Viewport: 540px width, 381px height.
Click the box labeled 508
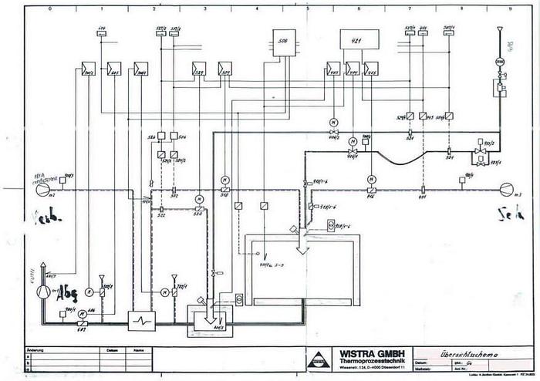pyautogui.click(x=282, y=41)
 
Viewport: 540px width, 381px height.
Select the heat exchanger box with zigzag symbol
pyautogui.click(x=143, y=317)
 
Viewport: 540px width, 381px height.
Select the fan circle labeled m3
pyautogui.click(x=506, y=187)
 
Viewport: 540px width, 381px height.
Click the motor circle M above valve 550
pyautogui.click(x=199, y=196)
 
